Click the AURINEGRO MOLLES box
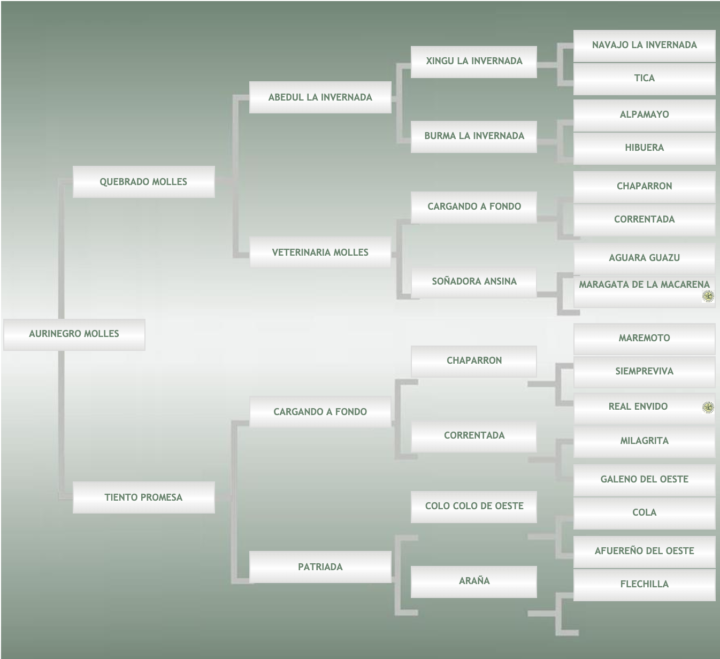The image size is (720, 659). click(74, 334)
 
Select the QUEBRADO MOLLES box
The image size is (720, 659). click(143, 182)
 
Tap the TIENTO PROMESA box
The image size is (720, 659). click(143, 497)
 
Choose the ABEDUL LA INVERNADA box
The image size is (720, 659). click(320, 97)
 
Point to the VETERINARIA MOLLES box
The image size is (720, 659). click(320, 252)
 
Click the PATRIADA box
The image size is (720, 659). click(320, 567)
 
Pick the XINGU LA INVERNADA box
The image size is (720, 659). click(474, 62)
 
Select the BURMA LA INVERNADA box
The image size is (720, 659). click(474, 136)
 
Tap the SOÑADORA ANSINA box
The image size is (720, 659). click(474, 281)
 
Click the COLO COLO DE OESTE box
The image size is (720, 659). click(474, 506)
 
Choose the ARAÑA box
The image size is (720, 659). click(474, 581)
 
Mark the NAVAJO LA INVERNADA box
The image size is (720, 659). click(644, 45)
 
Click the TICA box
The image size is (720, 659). click(644, 79)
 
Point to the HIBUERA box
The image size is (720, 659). click(644, 148)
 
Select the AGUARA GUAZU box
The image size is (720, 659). click(644, 258)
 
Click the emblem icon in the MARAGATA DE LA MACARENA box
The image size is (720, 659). click(708, 296)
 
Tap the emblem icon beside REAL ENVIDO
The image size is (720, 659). click(708, 408)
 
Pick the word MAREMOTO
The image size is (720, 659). click(644, 338)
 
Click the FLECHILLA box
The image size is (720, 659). click(644, 584)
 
